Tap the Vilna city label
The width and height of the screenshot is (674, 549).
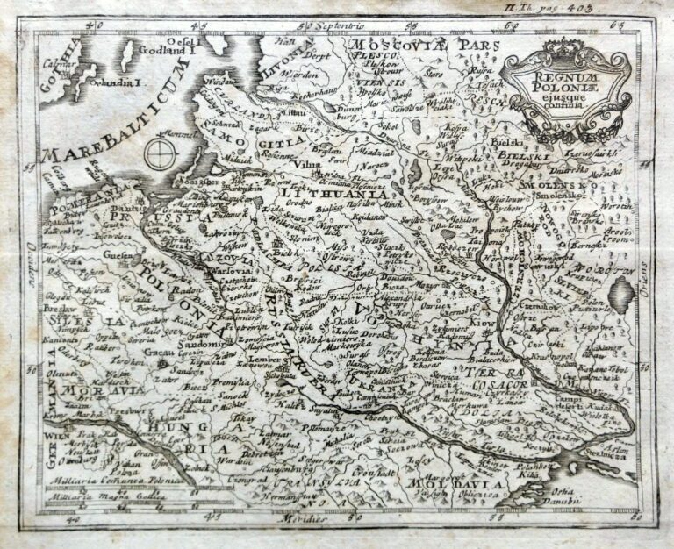(x=305, y=163)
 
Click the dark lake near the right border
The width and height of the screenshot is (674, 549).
(x=621, y=296)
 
